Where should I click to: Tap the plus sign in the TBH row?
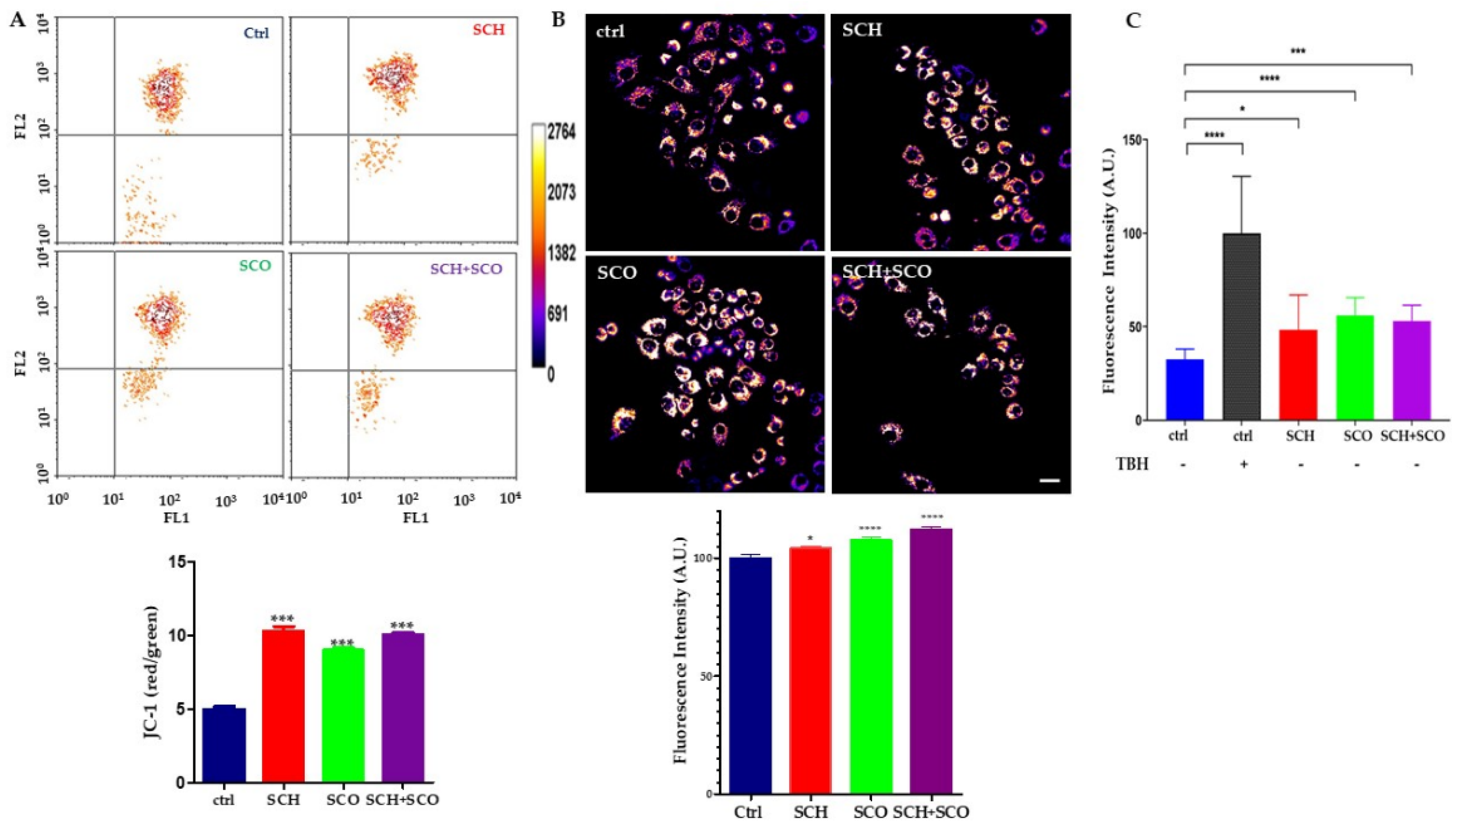click(x=1241, y=464)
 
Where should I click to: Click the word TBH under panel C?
click(x=1131, y=464)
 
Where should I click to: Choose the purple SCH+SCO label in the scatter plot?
click(x=466, y=269)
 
